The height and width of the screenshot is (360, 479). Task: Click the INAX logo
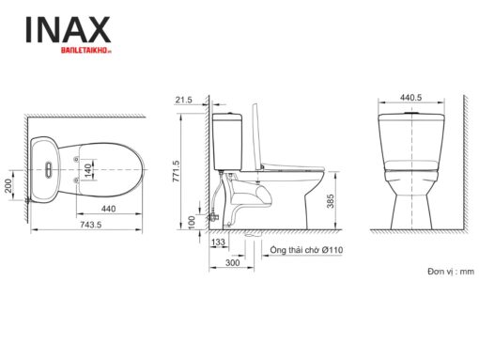coord(68,30)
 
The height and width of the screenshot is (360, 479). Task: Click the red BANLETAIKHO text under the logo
coord(86,50)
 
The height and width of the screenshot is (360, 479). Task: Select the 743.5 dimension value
coord(91,225)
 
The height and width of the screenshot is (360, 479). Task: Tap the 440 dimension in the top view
coord(109,209)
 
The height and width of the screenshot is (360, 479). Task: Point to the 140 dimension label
coord(88,169)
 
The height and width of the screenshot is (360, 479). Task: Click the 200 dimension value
coord(8,185)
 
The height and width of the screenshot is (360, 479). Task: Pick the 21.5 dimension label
coord(183,100)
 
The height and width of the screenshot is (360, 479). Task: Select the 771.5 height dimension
coord(176,171)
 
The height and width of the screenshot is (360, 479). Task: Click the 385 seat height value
coord(331,201)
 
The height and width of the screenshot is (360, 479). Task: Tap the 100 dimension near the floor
coord(192,222)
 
